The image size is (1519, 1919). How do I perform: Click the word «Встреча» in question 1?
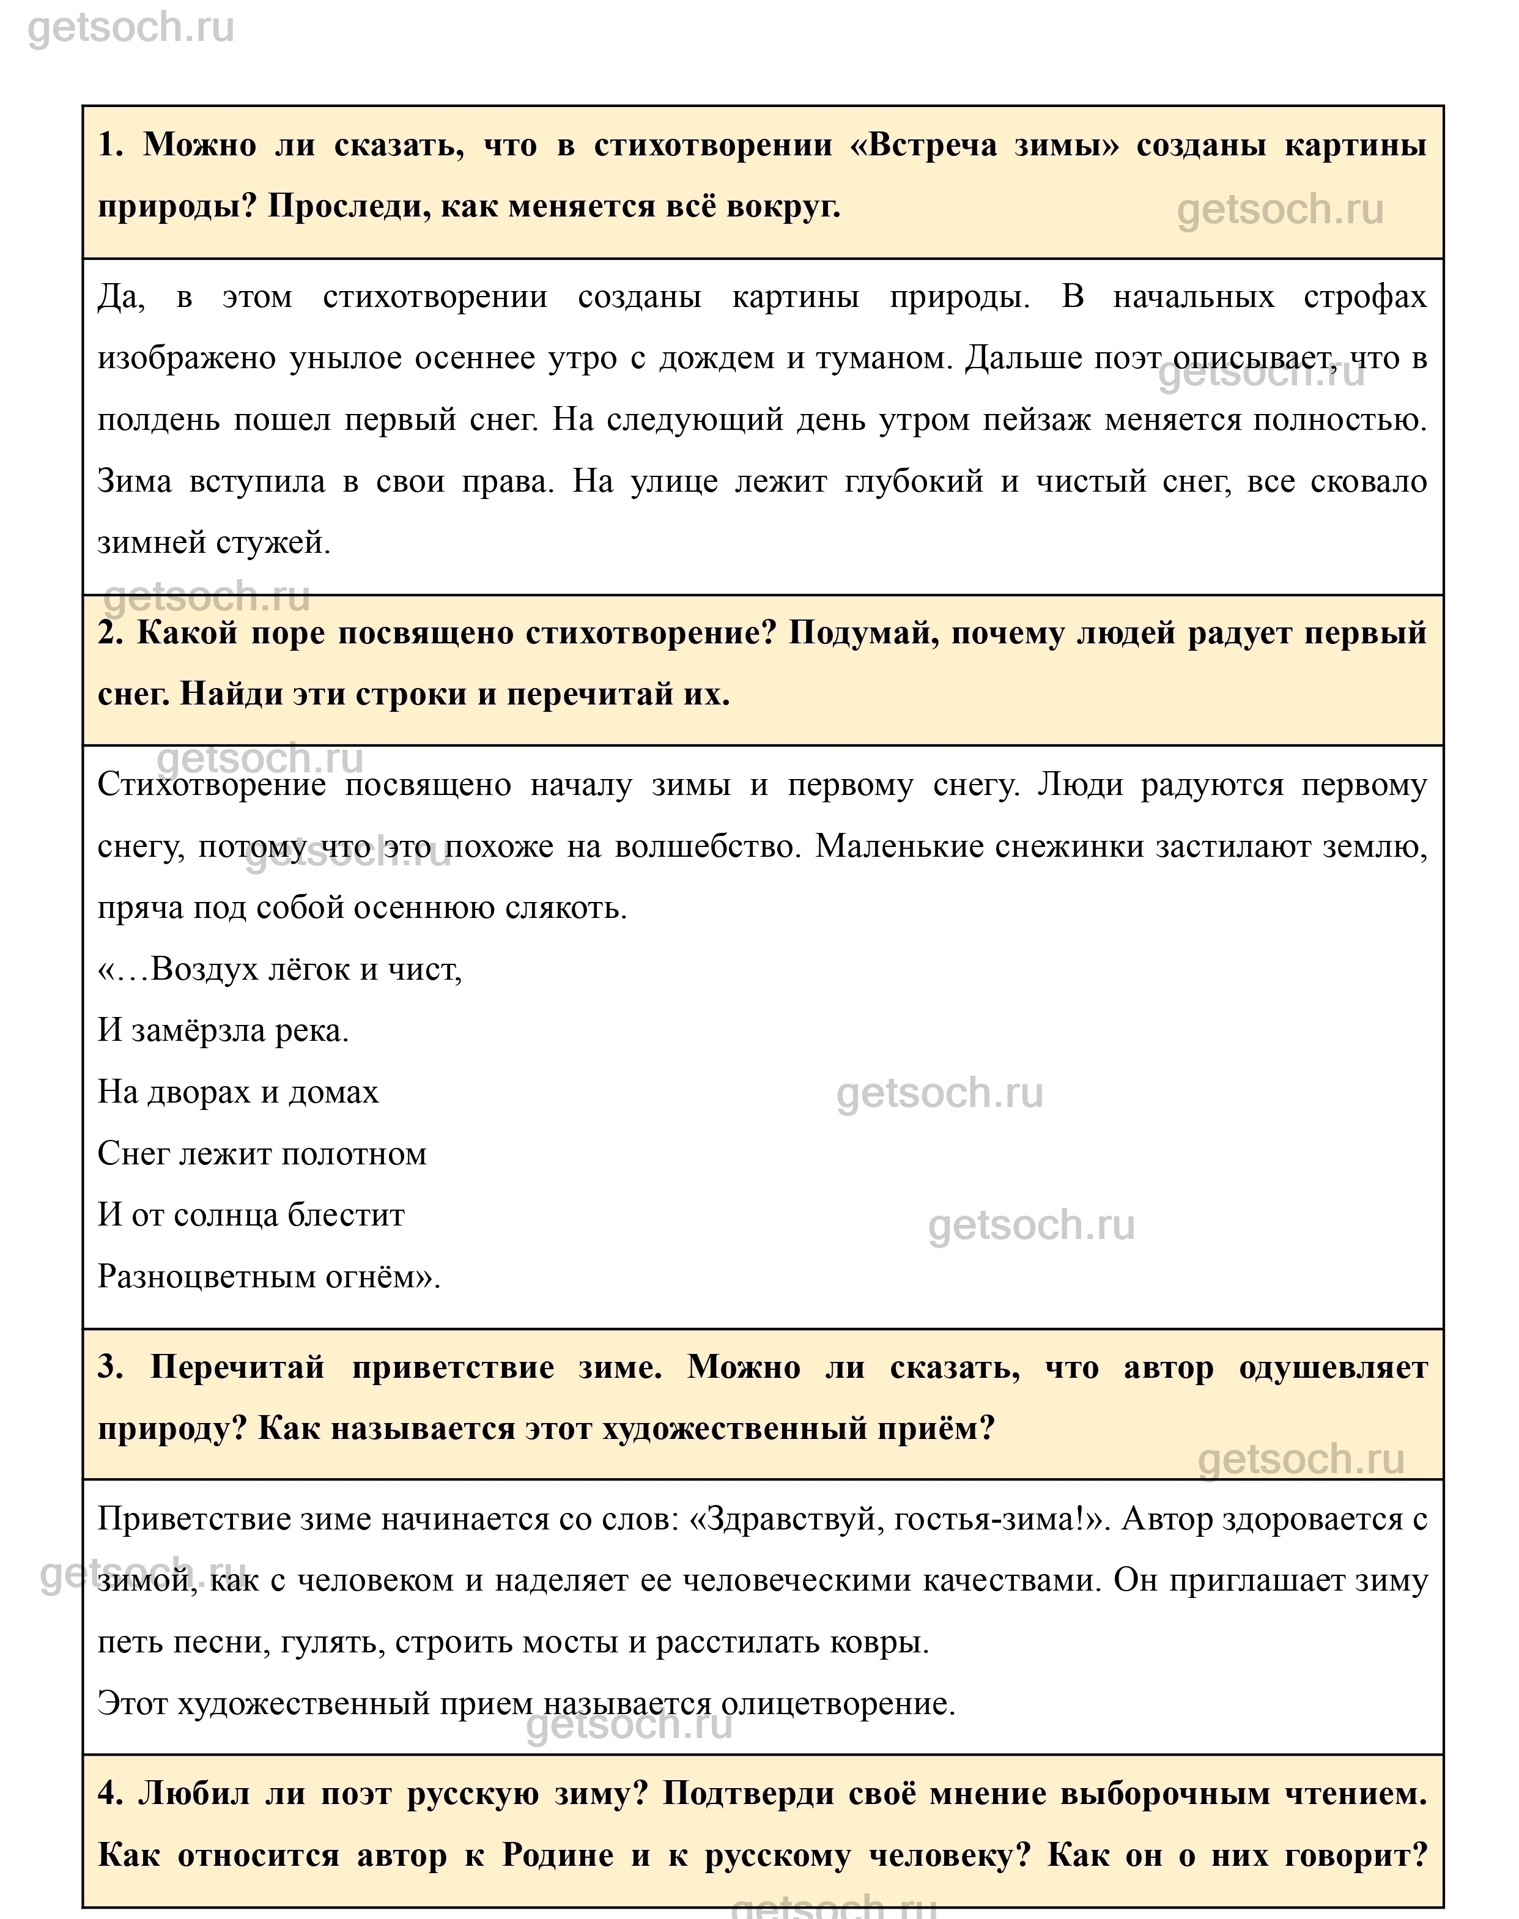(x=931, y=145)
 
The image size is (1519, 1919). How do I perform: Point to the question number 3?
(x=110, y=1367)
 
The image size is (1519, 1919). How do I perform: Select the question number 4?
(x=109, y=1794)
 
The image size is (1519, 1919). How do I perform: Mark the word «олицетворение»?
(x=836, y=1703)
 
